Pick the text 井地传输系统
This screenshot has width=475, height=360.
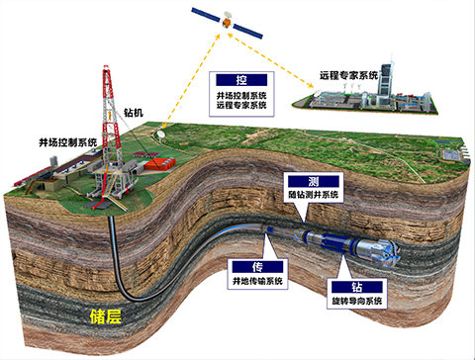pyautogui.click(x=255, y=282)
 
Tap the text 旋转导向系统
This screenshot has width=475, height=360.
pyautogui.click(x=355, y=304)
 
